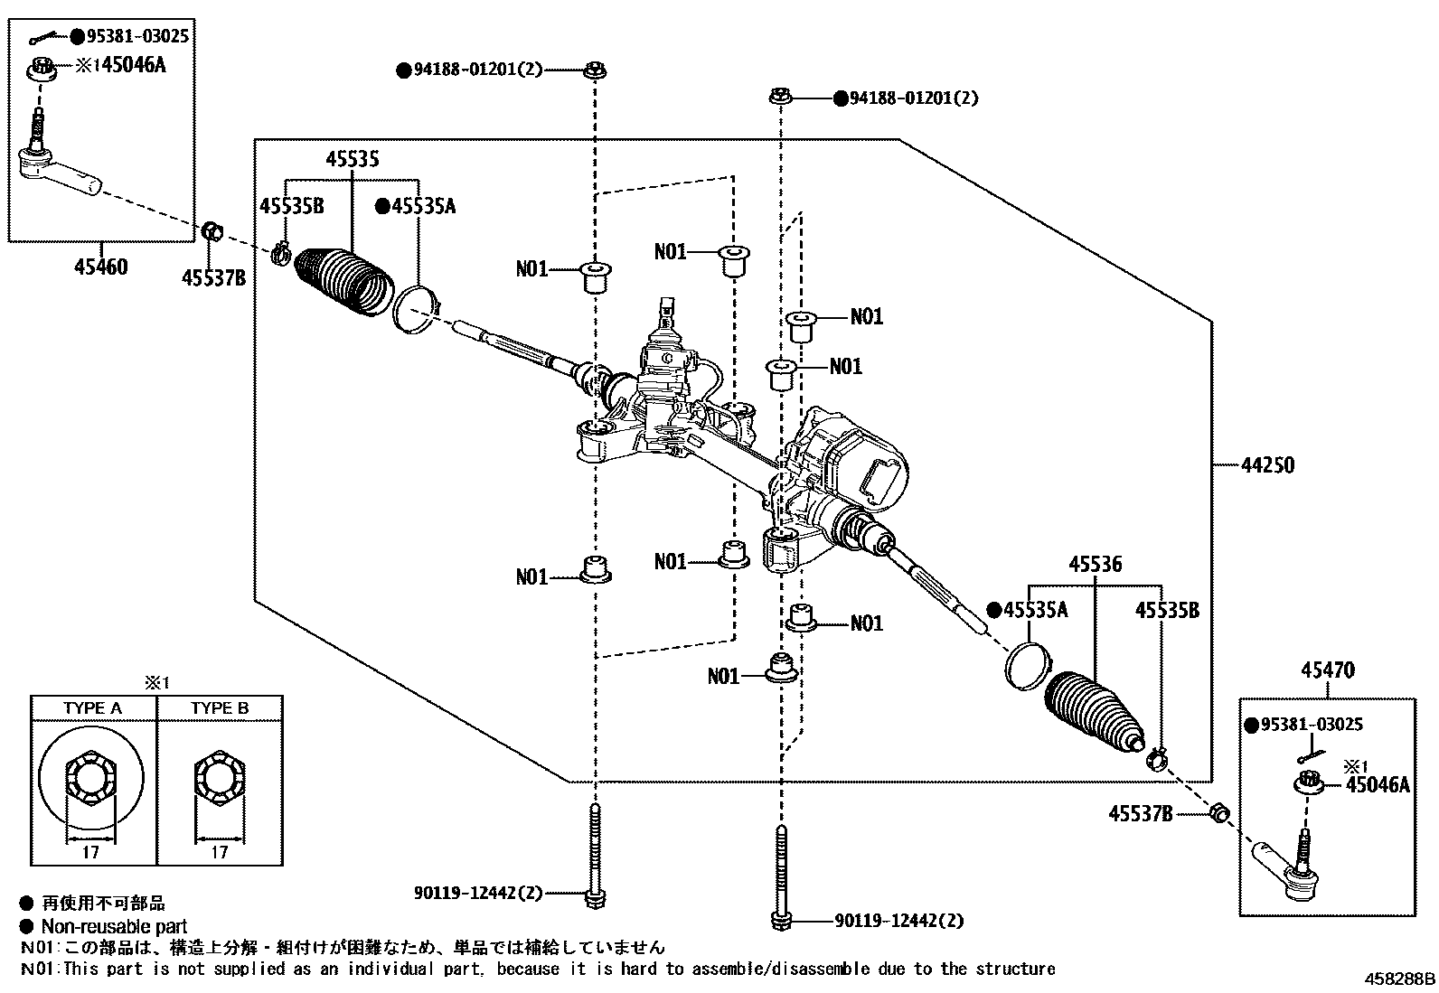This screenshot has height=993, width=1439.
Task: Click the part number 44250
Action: coord(1267,466)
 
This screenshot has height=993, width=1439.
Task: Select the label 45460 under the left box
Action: coord(100,267)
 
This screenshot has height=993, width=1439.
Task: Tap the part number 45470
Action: coord(1328,671)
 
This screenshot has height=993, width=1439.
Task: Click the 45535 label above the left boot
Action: coord(353,160)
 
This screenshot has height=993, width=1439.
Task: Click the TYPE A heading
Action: coord(92,707)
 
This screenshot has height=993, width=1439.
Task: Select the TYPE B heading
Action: coord(220,707)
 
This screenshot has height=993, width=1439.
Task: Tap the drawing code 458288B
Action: coord(1399,978)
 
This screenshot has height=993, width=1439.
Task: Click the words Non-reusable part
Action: coord(114,926)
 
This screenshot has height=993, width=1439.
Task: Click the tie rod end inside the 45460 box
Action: coord(60,172)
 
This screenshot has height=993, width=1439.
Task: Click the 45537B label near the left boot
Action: coord(213,278)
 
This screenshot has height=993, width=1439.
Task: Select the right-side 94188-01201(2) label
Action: coord(913,98)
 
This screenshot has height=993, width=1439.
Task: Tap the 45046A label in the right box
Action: coord(1378,785)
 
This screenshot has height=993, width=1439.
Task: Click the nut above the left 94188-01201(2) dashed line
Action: coord(595,70)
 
